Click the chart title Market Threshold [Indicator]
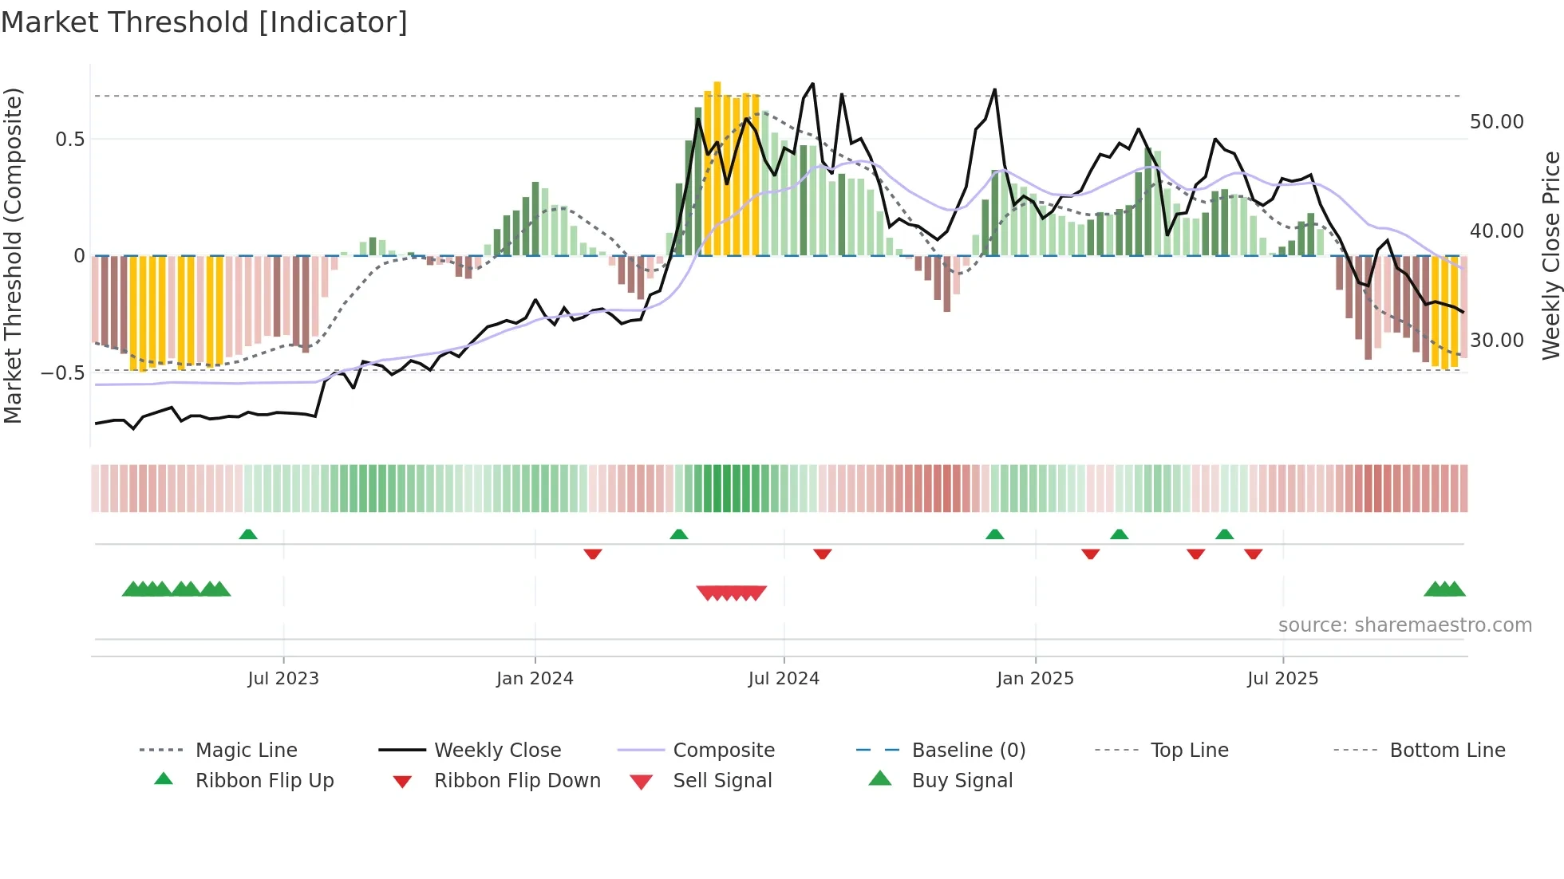tap(204, 22)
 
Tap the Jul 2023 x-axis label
tap(282, 679)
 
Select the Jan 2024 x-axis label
tap(535, 679)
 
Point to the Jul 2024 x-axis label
tap(784, 679)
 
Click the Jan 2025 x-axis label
tap(1035, 679)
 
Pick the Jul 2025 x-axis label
tap(1282, 679)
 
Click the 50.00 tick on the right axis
tap(1496, 122)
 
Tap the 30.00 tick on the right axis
tap(1496, 341)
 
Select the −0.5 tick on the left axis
tap(62, 373)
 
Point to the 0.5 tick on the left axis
tap(69, 140)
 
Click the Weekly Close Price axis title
tap(1550, 255)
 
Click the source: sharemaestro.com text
tap(1404, 625)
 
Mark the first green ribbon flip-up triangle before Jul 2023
tap(248, 534)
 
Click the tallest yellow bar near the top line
tap(717, 168)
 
